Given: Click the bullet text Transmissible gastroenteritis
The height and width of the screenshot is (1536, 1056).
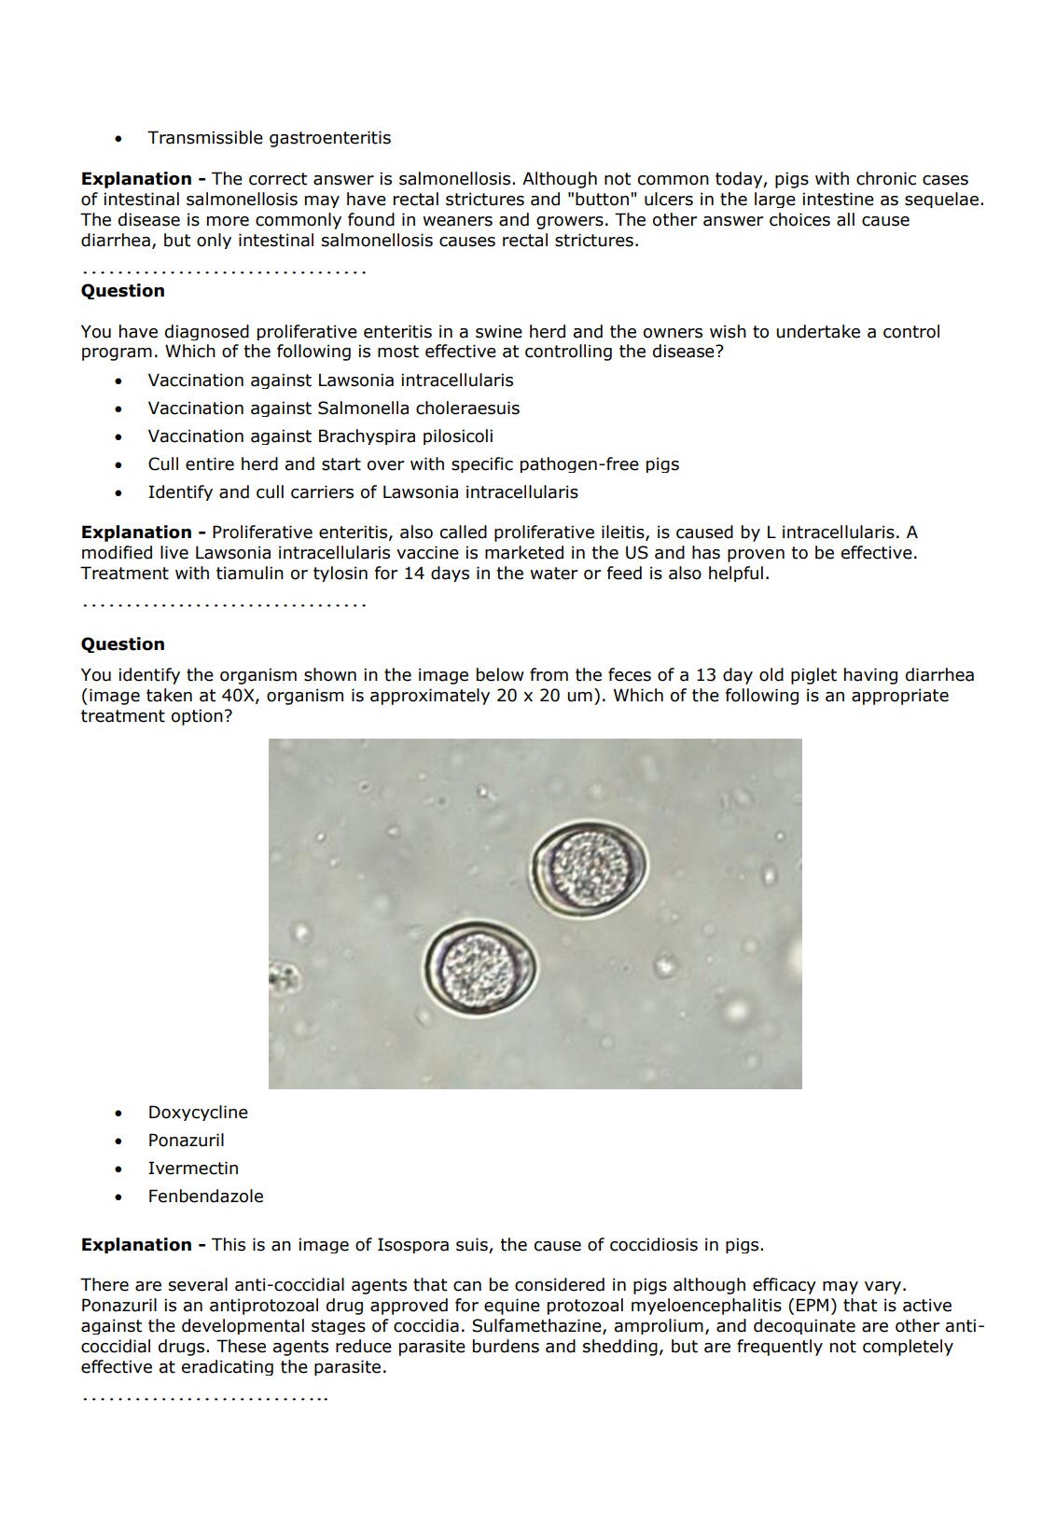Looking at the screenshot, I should point(269,138).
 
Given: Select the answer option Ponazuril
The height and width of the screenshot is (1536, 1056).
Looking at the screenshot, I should point(186,1141).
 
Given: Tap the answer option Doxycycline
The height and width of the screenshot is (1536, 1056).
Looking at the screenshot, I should point(198,1113).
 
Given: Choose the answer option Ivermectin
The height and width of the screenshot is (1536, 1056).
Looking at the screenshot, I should point(193,1169).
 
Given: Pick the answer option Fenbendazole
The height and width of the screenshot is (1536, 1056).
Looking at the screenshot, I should point(205,1197).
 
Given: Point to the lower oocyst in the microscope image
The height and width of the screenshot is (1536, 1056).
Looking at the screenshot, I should point(479,967).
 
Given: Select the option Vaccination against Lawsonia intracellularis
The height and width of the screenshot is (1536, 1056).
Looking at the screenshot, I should point(330,381).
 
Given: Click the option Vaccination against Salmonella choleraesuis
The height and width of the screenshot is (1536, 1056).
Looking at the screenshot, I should point(333,408).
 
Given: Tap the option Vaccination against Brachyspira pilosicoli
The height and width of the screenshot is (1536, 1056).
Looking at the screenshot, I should point(320,436).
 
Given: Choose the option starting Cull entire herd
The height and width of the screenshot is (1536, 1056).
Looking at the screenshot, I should point(413,464).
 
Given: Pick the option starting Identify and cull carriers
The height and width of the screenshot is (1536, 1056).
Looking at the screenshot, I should point(362,492).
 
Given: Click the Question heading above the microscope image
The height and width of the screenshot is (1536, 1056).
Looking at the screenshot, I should point(122,644).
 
